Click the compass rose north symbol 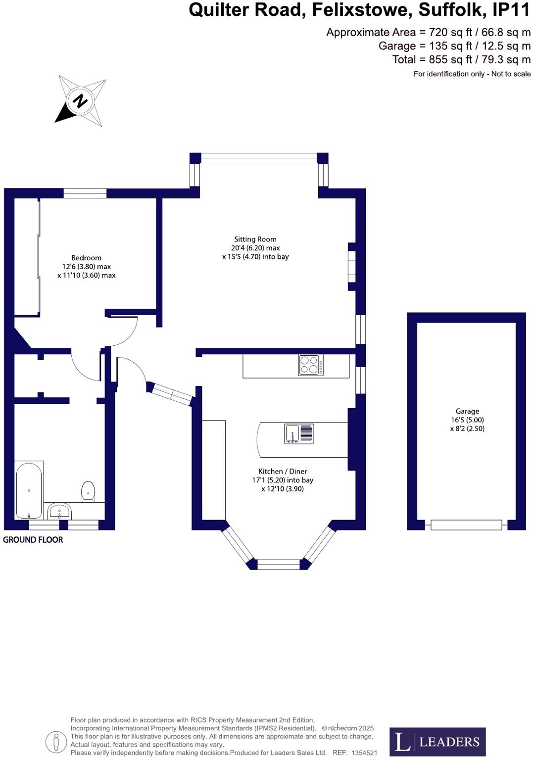tap(80, 101)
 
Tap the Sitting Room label tap(255, 239)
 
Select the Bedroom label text tap(86, 258)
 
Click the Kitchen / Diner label tap(283, 472)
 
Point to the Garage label tap(467, 411)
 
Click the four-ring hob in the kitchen tap(311, 365)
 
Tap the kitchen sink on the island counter tap(299, 434)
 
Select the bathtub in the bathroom tap(29, 490)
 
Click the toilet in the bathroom tap(88, 491)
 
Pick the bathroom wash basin tap(60, 511)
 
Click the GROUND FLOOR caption tap(33, 540)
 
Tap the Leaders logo tap(437, 742)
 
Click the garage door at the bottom tap(466, 525)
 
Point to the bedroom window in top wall tap(85, 193)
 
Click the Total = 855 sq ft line tap(461, 59)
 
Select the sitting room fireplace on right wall tap(352, 266)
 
